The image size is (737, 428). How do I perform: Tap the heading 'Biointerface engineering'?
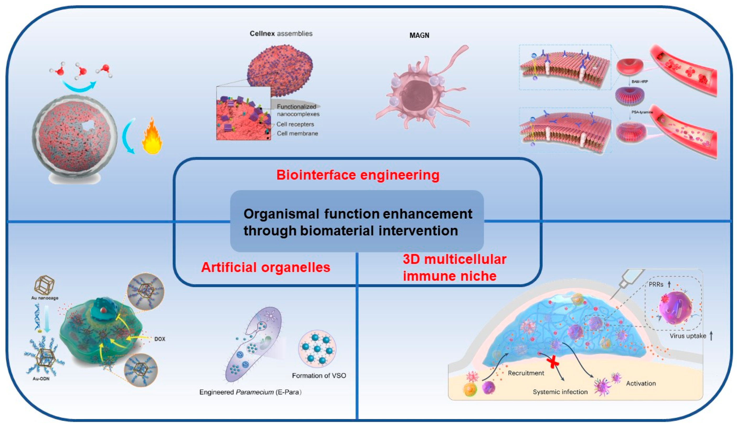click(358, 175)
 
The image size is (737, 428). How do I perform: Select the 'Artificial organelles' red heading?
click(265, 267)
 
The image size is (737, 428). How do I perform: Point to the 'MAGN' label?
click(419, 35)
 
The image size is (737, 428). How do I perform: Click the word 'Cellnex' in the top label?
click(262, 34)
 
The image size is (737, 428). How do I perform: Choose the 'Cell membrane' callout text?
click(297, 133)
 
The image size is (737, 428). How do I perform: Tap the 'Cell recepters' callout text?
click(295, 124)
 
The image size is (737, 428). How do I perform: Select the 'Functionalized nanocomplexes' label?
click(297, 110)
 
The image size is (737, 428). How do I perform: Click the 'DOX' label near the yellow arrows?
click(160, 339)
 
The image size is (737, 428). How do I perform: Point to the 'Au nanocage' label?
click(45, 298)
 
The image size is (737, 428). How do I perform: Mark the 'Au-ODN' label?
click(41, 379)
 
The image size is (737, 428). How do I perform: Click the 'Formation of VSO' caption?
click(319, 376)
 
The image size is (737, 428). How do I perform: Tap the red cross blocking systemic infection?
click(553, 363)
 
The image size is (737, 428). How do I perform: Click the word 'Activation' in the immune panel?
click(641, 383)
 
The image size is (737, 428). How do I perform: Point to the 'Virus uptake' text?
click(688, 336)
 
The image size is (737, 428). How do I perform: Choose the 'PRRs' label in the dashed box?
click(656, 284)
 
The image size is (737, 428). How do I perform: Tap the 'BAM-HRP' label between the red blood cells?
click(640, 82)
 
